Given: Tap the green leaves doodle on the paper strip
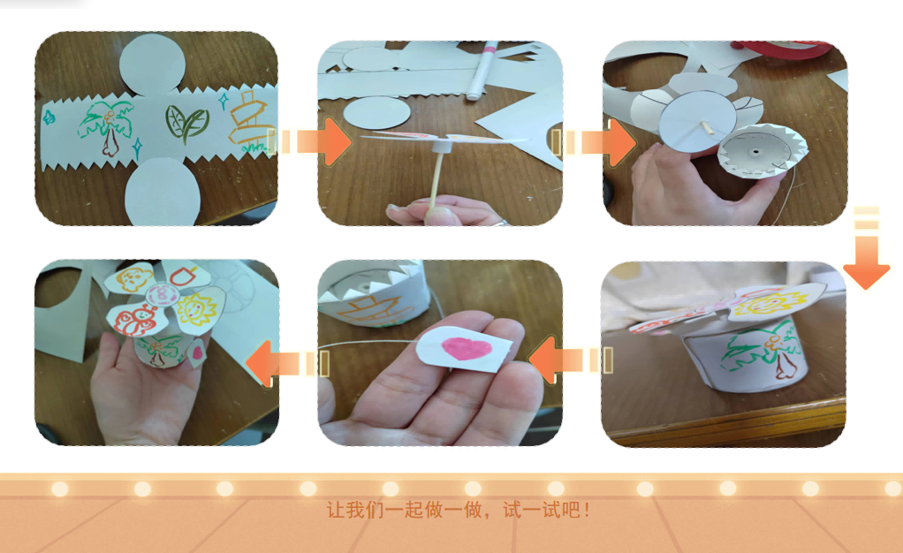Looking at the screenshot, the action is [186, 124].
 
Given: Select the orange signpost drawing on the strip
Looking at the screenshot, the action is [250, 120].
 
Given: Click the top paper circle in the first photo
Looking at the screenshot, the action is [153, 64].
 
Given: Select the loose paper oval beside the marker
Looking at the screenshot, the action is [376, 112].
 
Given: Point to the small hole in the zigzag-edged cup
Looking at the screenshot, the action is [755, 152].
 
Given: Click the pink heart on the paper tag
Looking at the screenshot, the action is [467, 348].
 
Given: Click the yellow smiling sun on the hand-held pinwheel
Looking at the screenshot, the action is [195, 309].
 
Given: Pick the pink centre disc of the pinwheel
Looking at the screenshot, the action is [161, 294].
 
